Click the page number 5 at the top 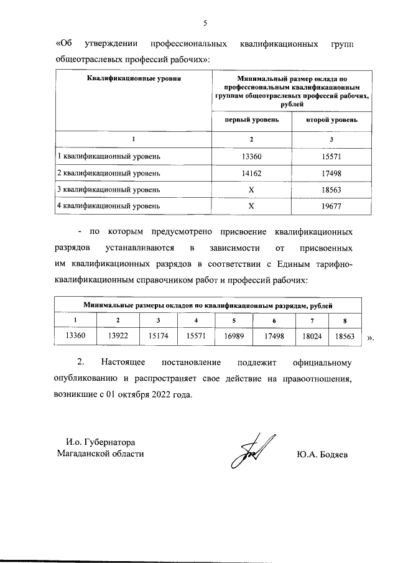[205, 23]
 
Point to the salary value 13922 [118, 336]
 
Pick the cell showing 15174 [158, 336]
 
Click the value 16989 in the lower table [234, 336]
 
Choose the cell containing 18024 [311, 336]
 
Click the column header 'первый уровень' [251, 118]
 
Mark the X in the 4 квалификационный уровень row [251, 205]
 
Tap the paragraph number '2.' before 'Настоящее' [80, 362]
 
